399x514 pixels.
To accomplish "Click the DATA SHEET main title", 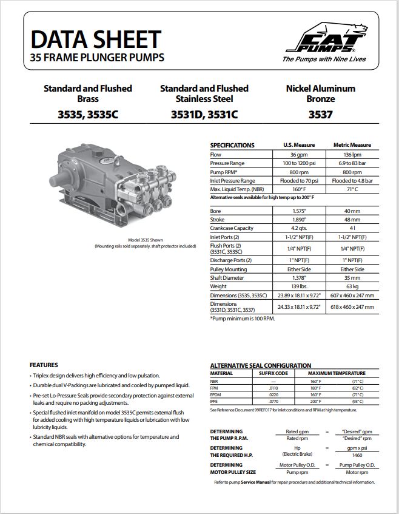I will tap(95, 39).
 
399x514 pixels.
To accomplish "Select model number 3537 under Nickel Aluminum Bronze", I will tap(320, 113).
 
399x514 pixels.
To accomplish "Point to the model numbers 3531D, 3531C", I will tap(204, 113).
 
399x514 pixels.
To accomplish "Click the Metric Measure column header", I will tap(352, 145).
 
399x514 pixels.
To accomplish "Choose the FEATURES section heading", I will tap(44, 365).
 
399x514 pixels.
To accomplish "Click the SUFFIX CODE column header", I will tap(273, 373).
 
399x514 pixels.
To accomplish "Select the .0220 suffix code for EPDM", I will tap(273, 395).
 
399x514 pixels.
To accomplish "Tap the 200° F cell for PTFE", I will tap(315, 402).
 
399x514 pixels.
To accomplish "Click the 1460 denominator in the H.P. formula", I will tap(357, 454).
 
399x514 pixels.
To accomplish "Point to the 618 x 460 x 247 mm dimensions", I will tap(352, 307).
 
